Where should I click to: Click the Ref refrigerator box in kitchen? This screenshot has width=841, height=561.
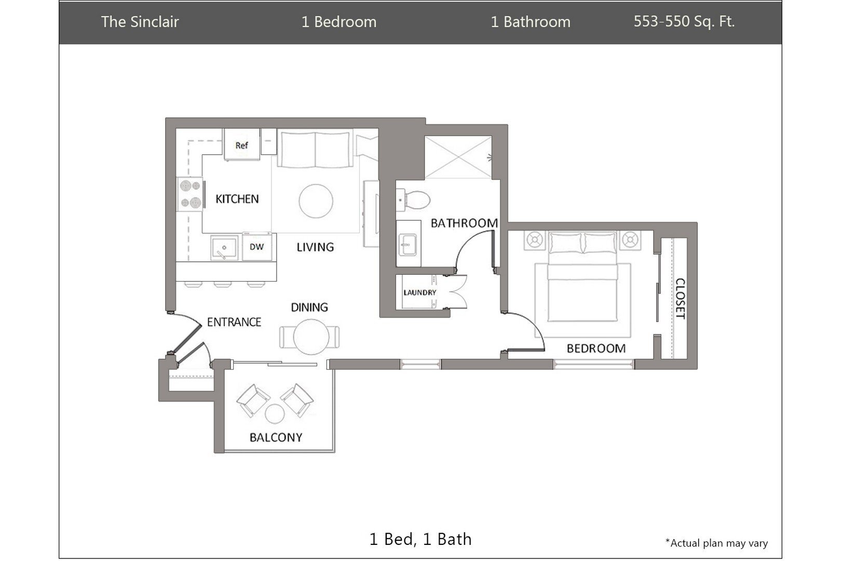(241, 144)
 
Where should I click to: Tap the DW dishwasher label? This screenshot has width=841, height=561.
(256, 247)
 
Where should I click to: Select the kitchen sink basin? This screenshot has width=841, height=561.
(224, 248)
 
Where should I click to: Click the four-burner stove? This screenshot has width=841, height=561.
(189, 194)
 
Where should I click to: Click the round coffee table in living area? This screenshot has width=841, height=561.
(316, 201)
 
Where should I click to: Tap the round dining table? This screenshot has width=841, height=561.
(310, 337)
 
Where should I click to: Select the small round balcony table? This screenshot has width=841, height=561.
(275, 413)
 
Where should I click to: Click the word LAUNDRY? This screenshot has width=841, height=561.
(419, 292)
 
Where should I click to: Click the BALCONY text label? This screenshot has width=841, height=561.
(276, 437)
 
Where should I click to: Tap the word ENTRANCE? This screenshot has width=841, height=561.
(234, 322)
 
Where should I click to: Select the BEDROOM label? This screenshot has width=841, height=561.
(595, 349)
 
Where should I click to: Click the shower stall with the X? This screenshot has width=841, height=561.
(457, 157)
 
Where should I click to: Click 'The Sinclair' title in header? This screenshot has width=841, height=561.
(140, 22)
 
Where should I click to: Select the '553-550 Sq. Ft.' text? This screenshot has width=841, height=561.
(684, 21)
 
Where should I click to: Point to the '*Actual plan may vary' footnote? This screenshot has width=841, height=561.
(716, 543)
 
